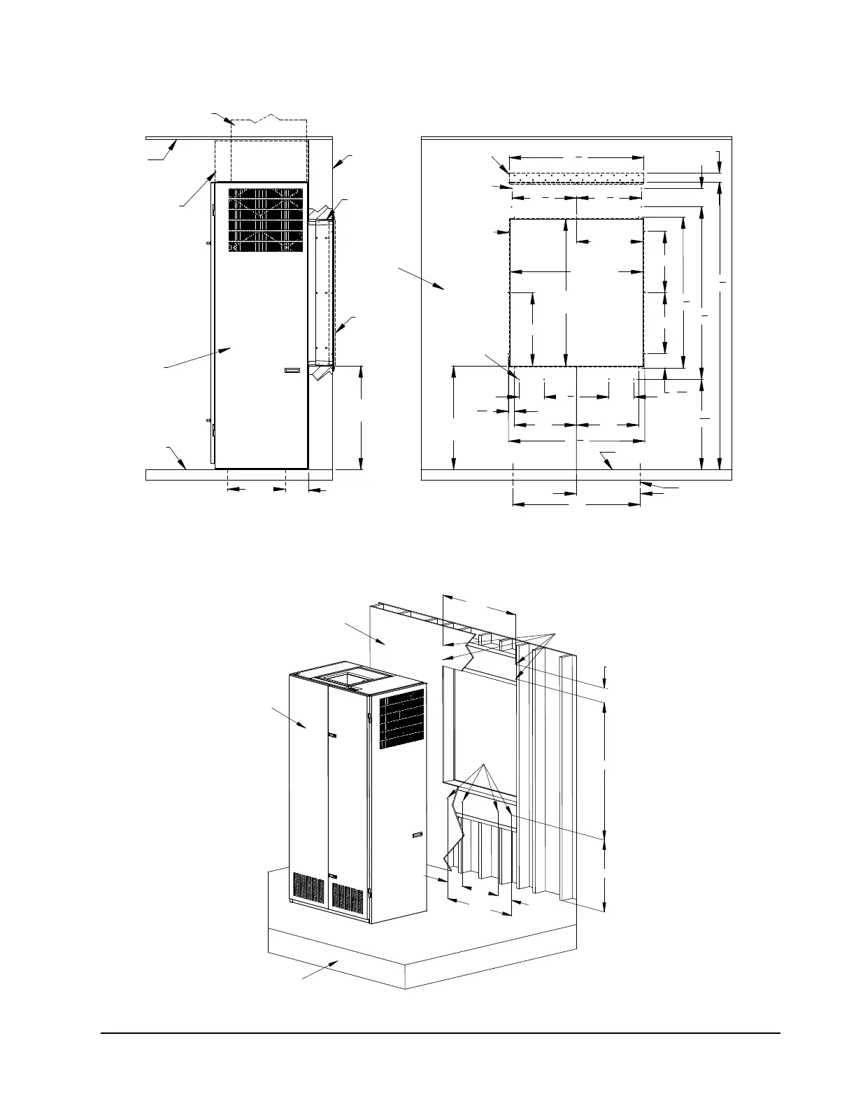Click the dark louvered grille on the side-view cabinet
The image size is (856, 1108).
tap(266, 219)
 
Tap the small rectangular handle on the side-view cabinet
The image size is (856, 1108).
tap(292, 371)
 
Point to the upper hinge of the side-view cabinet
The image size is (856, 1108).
tap(213, 206)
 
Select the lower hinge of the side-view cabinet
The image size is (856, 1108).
tap(213, 425)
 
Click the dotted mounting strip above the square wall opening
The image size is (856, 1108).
tap(576, 178)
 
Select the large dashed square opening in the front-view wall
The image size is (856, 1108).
tap(576, 292)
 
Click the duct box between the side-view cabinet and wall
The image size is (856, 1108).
tap(320, 292)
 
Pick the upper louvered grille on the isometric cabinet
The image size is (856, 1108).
tap(401, 718)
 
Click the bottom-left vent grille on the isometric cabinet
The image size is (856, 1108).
tap(308, 888)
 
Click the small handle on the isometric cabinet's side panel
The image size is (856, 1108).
tap(418, 834)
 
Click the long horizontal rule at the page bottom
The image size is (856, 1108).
tap(440, 1032)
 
